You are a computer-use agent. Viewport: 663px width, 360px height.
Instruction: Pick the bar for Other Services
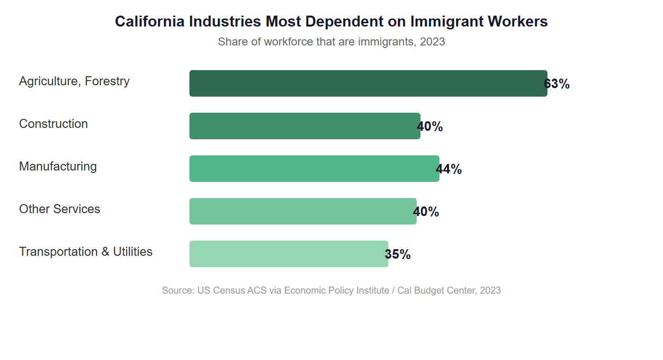click(303, 211)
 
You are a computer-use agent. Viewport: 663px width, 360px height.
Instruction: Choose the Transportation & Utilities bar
click(288, 254)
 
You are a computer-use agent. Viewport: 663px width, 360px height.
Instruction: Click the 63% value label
click(557, 84)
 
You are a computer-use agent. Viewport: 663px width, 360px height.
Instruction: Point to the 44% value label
click(449, 169)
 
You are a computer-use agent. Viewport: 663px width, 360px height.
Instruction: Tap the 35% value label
click(398, 254)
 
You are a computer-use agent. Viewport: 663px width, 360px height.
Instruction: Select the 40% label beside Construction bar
click(430, 126)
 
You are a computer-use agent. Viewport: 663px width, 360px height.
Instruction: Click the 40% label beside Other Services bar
click(426, 212)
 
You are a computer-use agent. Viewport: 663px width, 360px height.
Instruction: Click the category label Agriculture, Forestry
click(74, 81)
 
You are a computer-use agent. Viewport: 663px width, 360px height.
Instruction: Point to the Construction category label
click(54, 124)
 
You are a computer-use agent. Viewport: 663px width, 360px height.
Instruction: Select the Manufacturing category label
click(58, 166)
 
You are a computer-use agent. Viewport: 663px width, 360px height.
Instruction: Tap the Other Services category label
click(60, 209)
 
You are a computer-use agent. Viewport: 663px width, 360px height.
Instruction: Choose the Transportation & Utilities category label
click(86, 252)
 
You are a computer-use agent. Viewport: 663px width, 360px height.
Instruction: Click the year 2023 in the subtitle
click(432, 42)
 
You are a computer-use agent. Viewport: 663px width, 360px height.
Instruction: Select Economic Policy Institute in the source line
click(337, 290)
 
